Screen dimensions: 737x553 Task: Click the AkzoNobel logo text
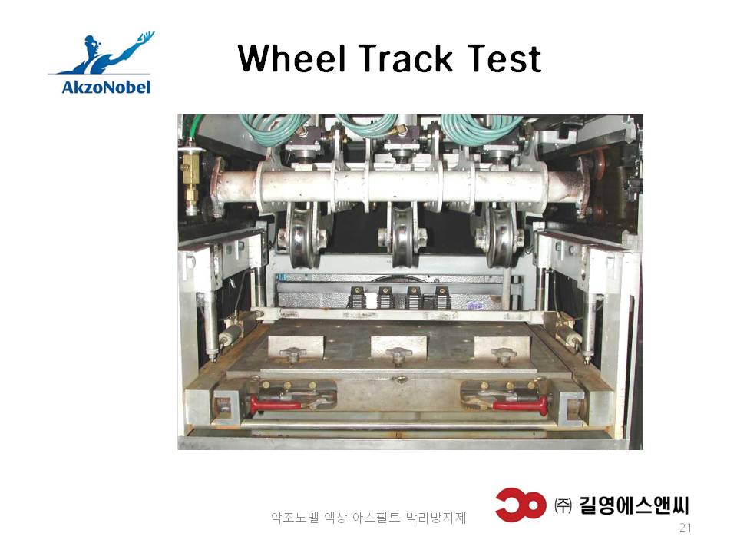coord(106,87)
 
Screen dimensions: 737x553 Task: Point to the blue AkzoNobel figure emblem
coord(104,53)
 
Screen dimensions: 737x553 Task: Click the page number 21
coord(686,528)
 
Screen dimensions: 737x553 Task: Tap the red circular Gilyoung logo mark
coord(521,505)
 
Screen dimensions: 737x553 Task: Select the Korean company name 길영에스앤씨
coord(633,505)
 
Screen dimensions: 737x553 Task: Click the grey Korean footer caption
coord(368,518)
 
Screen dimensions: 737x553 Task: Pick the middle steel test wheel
coord(402,235)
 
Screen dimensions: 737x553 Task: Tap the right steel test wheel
coord(501,235)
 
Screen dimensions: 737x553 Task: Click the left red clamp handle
coord(274,404)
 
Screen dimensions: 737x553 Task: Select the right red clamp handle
coord(521,404)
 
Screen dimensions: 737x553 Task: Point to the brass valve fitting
coord(190,181)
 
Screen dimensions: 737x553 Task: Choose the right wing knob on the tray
coord(504,355)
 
